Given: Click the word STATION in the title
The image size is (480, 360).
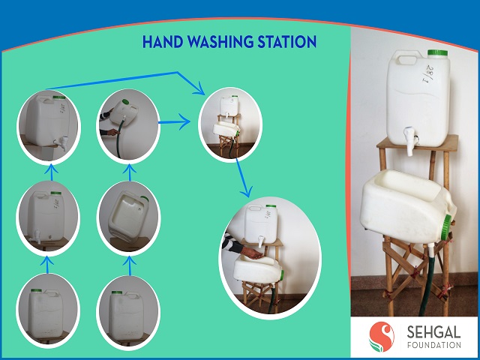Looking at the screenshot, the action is pos(286,42).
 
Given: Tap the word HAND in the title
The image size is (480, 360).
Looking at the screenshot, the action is pos(163,42).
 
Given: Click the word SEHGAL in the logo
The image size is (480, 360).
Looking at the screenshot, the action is pos(433,332).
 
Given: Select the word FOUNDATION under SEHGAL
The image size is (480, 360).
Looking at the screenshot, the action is pos(433,345).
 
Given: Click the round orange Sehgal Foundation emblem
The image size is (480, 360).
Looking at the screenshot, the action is pos(382,337).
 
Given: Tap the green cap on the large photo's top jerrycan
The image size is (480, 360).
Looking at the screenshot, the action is pos(437,52).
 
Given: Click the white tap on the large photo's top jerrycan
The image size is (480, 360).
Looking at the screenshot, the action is pos(410,140).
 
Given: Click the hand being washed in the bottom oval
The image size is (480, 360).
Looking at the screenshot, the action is pos(252,253).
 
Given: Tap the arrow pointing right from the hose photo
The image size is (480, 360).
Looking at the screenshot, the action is pos(175,121).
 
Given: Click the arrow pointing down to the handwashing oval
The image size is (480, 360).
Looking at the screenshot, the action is pos(244,178).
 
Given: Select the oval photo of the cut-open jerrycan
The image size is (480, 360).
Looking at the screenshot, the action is pos(128,218).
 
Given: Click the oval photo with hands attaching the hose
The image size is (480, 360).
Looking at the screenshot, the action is pos(128,126).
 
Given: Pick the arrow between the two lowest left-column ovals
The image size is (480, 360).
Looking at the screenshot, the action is pos(46,265).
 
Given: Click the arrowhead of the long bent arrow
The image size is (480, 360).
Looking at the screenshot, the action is pos(200,88).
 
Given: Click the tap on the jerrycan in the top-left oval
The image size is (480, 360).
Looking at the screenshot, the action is pos(62,142).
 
